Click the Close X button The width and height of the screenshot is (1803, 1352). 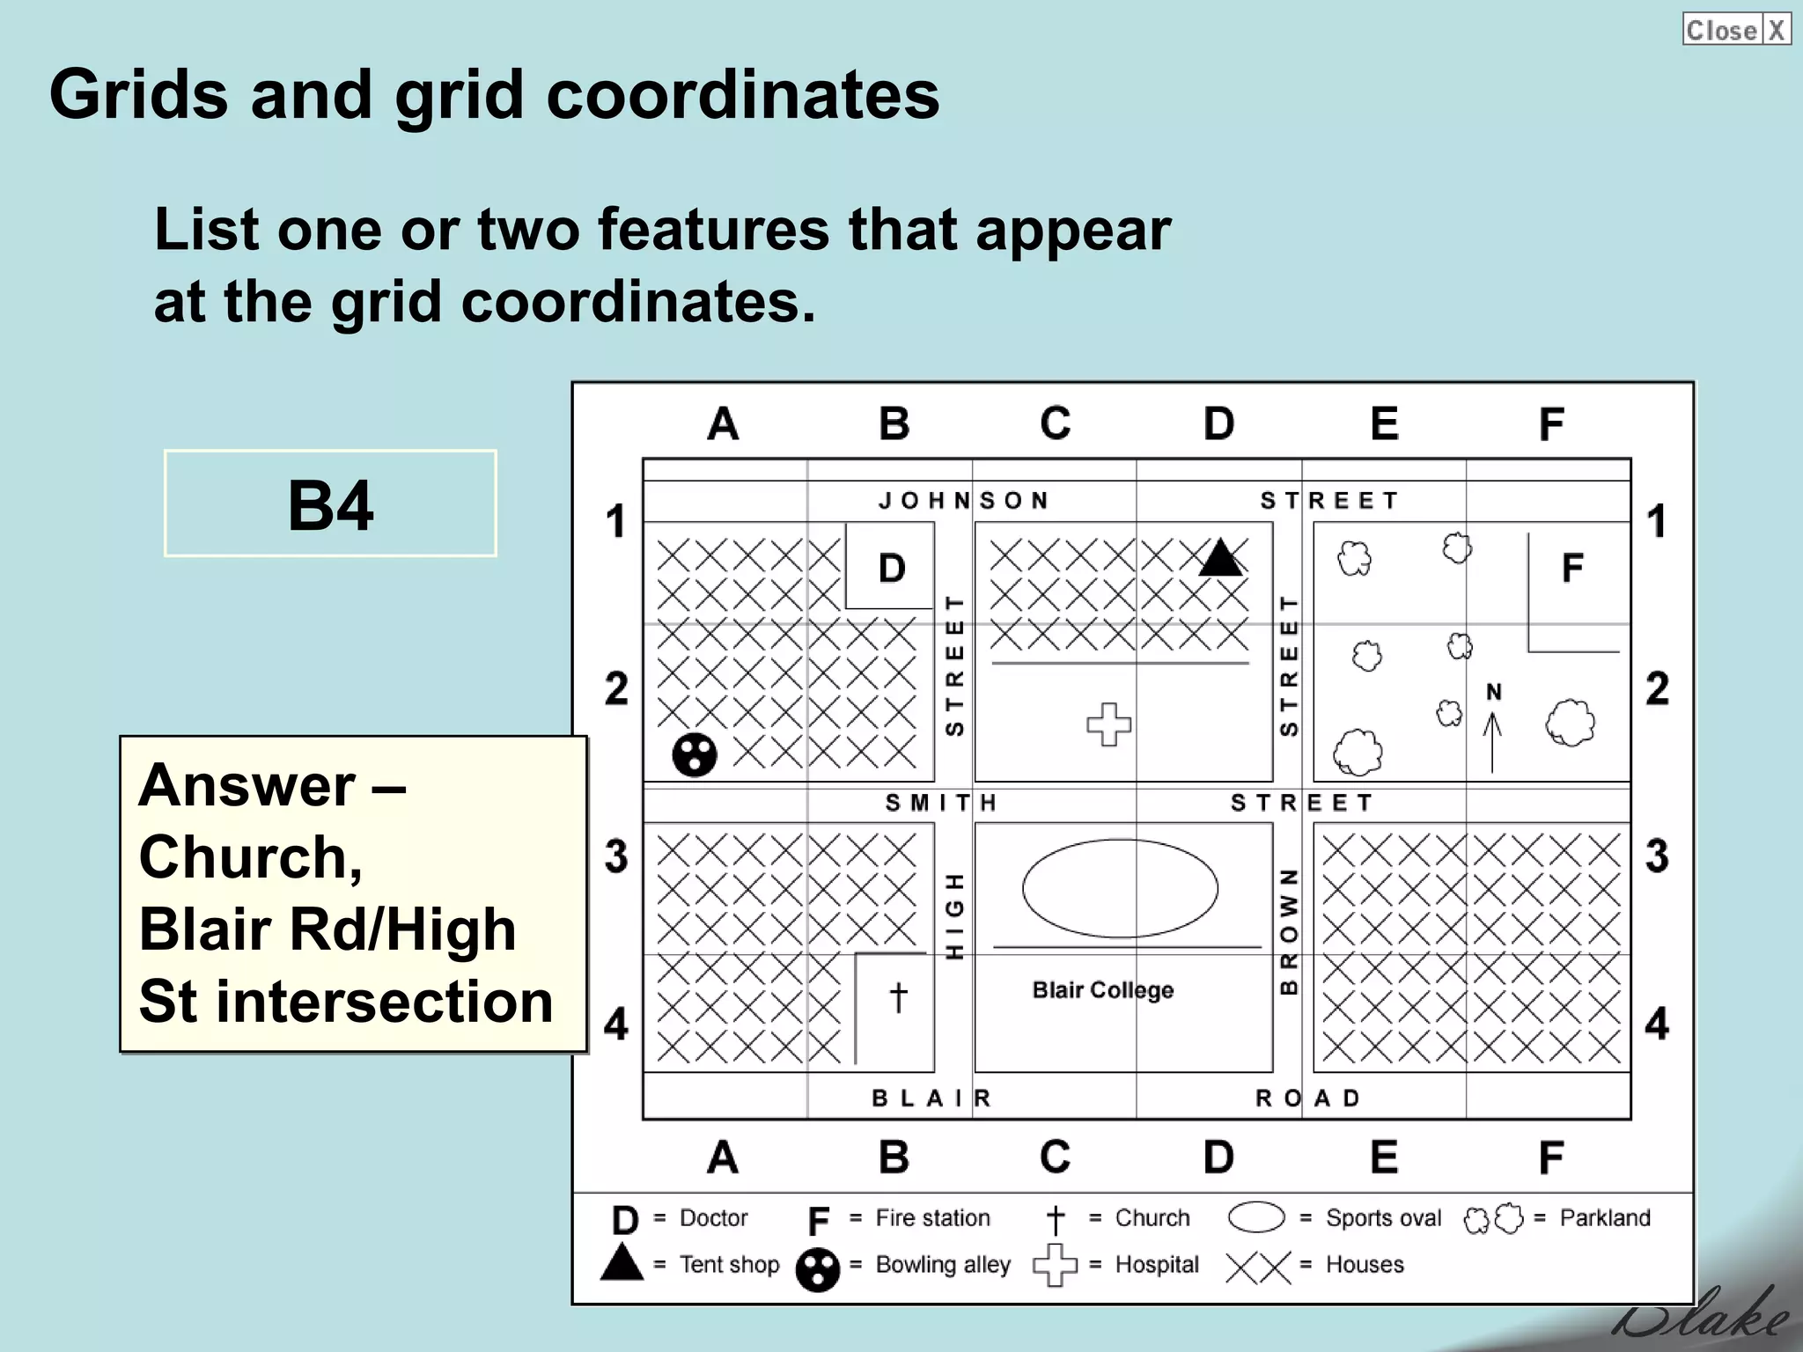tap(1735, 29)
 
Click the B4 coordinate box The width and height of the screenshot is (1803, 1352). tap(330, 503)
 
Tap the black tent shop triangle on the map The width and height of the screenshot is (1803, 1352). tap(1220, 558)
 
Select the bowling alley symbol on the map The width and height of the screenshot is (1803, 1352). tap(695, 754)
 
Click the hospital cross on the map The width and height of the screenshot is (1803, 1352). tap(1108, 724)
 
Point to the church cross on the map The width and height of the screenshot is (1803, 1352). tap(898, 997)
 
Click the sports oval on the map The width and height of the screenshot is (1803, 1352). tap(1120, 888)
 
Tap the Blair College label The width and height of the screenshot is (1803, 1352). tap(1102, 990)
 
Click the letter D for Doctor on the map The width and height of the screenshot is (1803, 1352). tap(892, 568)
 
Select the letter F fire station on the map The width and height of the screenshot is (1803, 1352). tap(1572, 568)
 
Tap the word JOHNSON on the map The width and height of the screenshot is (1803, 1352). tap(964, 501)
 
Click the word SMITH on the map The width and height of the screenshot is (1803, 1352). tap(941, 803)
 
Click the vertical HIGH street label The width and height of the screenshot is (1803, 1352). tap(954, 916)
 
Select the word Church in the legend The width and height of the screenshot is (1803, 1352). tap(1152, 1218)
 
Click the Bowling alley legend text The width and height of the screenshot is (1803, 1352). tap(943, 1265)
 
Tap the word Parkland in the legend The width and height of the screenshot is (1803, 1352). tap(1605, 1218)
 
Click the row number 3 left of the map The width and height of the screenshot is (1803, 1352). tap(616, 856)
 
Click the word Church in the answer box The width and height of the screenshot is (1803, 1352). tap(250, 857)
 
